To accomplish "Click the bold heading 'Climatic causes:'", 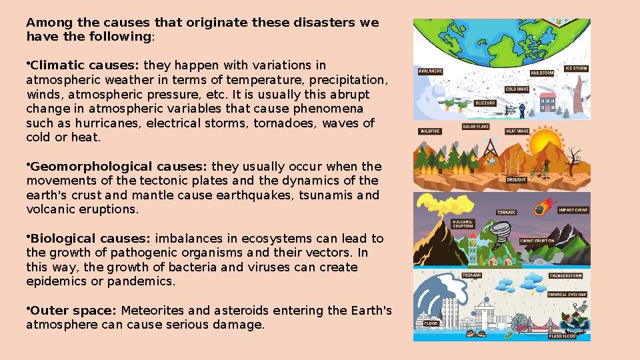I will click(85, 65).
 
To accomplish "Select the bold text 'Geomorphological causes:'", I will click(119, 167).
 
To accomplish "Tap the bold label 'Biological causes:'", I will click(91, 239).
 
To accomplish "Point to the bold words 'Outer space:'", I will click(74, 311).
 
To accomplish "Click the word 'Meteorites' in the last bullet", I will click(150, 311).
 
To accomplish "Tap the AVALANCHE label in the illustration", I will click(430, 71).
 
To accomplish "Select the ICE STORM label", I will click(576, 68).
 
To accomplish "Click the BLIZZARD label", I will click(485, 103).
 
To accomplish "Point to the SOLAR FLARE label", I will click(476, 126).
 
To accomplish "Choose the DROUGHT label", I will click(517, 179).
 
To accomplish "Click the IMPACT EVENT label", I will click(573, 210).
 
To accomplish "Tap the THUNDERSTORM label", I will click(566, 275).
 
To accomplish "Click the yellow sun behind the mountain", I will click(549, 144).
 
